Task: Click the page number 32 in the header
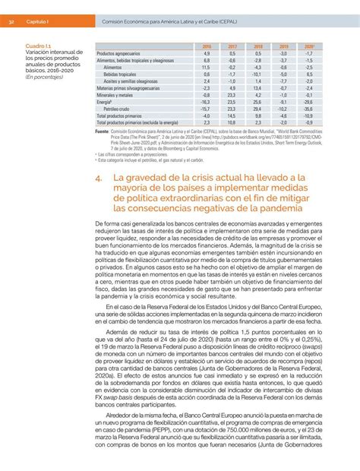point(11,22)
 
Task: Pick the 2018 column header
point(257,46)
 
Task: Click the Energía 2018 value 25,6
point(257,101)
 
